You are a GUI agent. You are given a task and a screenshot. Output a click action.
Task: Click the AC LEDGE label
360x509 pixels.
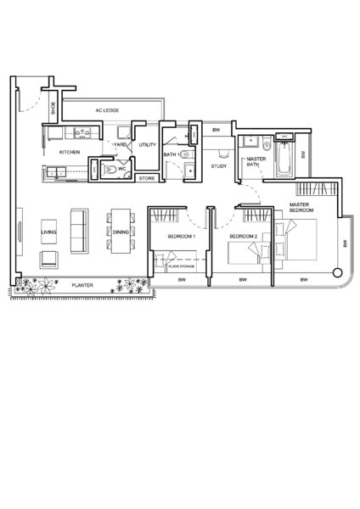tap(107, 110)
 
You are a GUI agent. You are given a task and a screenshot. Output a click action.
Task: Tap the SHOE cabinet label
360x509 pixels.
tap(53, 108)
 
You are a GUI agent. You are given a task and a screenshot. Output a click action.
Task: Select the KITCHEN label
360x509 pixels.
tap(70, 152)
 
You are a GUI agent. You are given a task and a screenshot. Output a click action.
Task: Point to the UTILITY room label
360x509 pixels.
tap(148, 145)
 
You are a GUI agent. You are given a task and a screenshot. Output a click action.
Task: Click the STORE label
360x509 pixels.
tap(147, 178)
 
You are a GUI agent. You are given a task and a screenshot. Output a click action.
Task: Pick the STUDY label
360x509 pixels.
tap(219, 166)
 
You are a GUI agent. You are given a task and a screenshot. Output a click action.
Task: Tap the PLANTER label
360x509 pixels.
tap(82, 285)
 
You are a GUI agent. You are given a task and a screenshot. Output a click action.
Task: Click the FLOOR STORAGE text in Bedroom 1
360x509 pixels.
tap(182, 266)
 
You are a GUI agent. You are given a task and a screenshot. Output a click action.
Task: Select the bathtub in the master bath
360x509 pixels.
tap(285, 159)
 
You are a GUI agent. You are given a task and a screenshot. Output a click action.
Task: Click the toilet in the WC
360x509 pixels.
tap(110, 170)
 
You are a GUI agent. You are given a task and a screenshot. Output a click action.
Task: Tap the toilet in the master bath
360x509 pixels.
tap(267, 144)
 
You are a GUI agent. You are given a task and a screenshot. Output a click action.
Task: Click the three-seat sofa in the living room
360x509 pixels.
tap(80, 231)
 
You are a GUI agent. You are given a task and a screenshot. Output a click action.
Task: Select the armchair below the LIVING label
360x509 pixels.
tap(49, 260)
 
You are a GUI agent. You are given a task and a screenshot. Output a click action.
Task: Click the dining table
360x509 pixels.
tap(121, 231)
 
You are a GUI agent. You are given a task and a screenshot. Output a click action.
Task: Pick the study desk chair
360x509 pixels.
tap(223, 154)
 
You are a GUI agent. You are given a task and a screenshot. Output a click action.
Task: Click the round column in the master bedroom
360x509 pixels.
tap(338, 272)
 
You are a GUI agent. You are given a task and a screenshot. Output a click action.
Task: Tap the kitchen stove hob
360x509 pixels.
tap(82, 132)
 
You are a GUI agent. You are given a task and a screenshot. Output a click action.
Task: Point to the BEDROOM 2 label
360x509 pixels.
tap(244, 237)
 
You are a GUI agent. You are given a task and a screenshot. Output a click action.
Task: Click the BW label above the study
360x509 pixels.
tap(216, 130)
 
